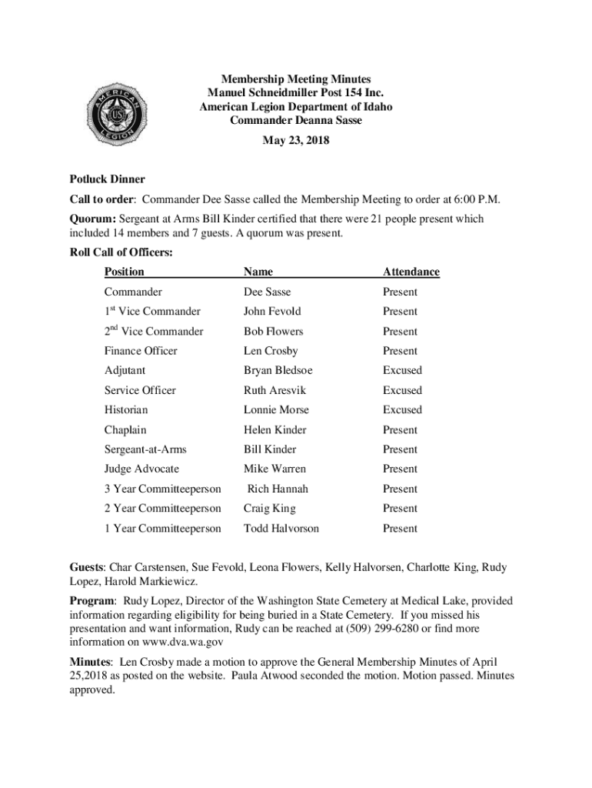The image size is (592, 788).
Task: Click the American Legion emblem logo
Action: [114, 115]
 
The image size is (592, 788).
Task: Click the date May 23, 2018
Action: [296, 140]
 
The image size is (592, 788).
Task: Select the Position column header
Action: [125, 272]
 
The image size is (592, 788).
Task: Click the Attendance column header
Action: [411, 272]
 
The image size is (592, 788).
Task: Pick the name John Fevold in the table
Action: [272, 312]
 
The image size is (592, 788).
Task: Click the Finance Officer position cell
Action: [141, 351]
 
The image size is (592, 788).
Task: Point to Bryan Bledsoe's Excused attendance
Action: [402, 370]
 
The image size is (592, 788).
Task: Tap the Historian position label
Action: [126, 410]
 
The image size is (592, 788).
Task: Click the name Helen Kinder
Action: [274, 430]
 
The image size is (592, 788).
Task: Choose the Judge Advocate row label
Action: [141, 469]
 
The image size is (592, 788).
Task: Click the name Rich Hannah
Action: [278, 489]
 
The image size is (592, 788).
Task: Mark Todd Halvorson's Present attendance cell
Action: [400, 529]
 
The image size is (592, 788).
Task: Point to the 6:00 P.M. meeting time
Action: [476, 199]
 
